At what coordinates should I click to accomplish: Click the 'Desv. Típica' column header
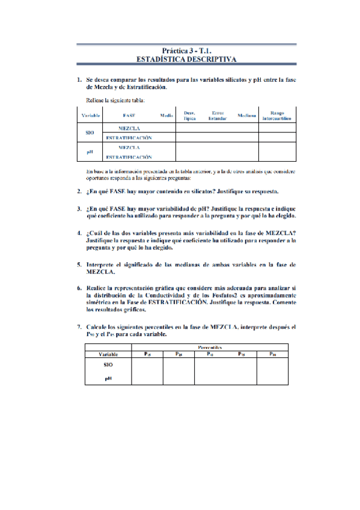(x=190, y=115)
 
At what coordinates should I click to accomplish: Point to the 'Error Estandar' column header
(x=218, y=115)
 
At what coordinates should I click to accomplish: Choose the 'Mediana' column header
(x=247, y=115)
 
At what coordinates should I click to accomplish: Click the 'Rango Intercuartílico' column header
(x=277, y=115)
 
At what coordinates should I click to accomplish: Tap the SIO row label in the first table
(x=90, y=133)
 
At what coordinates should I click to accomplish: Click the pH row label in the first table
(x=90, y=152)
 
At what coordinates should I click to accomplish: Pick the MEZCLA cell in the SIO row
(x=129, y=128)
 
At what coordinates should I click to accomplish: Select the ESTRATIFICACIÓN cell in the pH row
(x=129, y=156)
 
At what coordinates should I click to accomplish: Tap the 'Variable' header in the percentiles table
(x=108, y=354)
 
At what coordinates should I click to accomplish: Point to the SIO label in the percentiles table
(x=108, y=364)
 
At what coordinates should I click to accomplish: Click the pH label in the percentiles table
(x=108, y=378)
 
